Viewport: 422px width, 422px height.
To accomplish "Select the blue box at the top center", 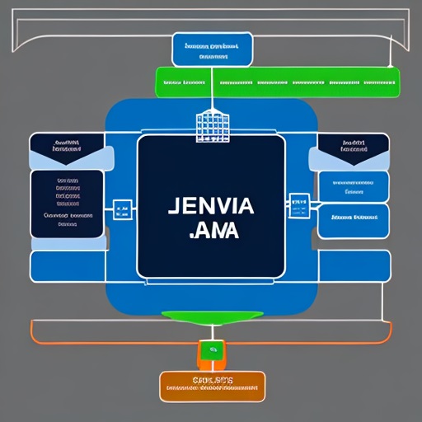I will click(212, 49).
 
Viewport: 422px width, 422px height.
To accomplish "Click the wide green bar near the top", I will click(277, 82).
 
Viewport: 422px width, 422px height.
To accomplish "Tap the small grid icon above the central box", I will click(211, 126).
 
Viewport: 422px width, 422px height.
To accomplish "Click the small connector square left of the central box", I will click(122, 209).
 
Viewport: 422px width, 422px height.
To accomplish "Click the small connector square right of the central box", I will click(298, 202).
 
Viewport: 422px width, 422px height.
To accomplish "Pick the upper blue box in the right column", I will click(353, 186).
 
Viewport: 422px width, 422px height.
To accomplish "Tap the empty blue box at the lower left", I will click(67, 265).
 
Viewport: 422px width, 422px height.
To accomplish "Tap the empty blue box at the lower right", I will click(354, 265).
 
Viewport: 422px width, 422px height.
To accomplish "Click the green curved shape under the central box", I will click(212, 316).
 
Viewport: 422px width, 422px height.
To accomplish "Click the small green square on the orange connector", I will click(212, 351).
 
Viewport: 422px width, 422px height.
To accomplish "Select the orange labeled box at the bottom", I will click(212, 386).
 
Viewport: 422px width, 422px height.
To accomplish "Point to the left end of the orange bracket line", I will click(32, 330).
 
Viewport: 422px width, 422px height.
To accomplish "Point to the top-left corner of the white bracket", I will click(14, 16).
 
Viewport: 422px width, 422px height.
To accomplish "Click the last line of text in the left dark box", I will click(68, 222).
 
